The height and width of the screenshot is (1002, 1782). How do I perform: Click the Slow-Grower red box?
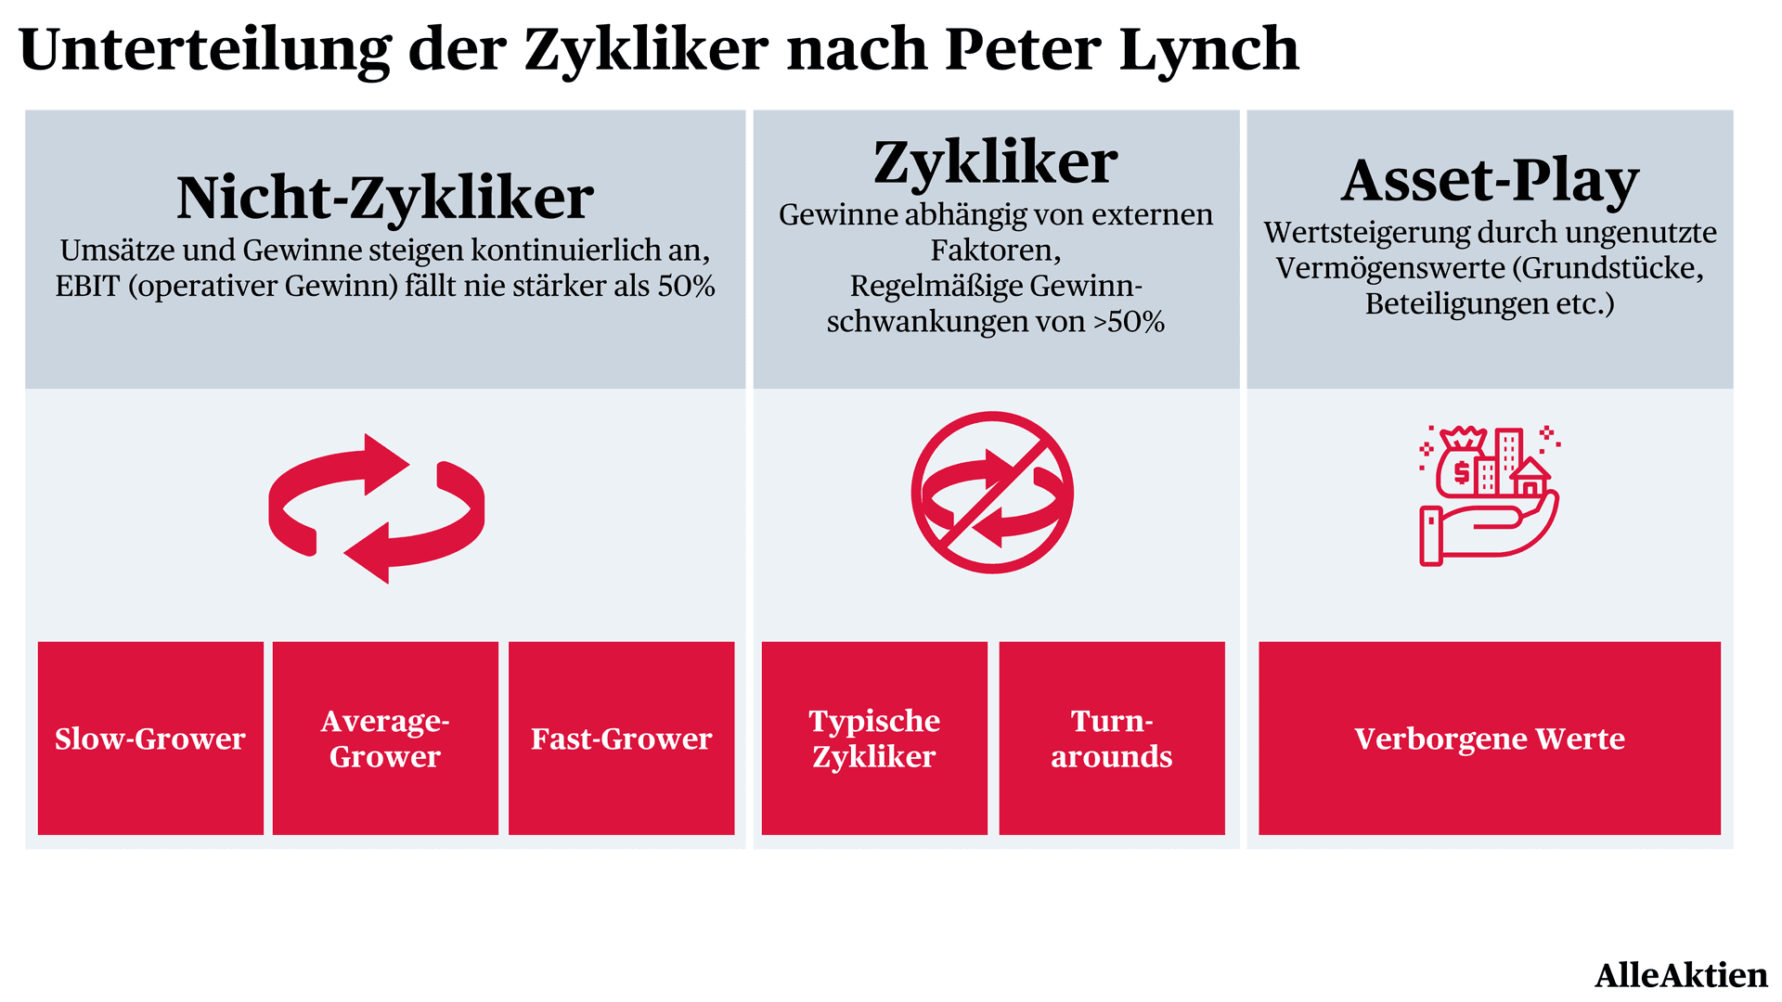pos(150,738)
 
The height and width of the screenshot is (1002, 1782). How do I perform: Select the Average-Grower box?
pos(385,738)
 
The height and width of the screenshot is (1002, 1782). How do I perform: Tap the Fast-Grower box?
pos(621,738)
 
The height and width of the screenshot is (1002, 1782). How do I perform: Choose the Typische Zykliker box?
pos(874,738)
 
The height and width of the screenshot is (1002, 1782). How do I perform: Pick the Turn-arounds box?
pos(1112,738)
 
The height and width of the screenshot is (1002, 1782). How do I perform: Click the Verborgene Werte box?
pos(1490,738)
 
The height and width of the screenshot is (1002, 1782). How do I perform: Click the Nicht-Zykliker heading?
pos(385,198)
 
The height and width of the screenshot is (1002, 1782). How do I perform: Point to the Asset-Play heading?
pos(1490,181)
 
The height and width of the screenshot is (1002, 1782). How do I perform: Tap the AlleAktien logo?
pos(1681,975)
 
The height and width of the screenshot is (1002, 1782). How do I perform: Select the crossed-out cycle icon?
pos(992,493)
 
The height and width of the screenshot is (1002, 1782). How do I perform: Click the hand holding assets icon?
pos(1489,495)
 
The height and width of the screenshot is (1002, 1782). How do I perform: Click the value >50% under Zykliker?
pos(1129,322)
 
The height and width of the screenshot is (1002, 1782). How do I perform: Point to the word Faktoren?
pos(996,250)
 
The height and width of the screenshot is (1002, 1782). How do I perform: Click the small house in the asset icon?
pos(1529,478)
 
